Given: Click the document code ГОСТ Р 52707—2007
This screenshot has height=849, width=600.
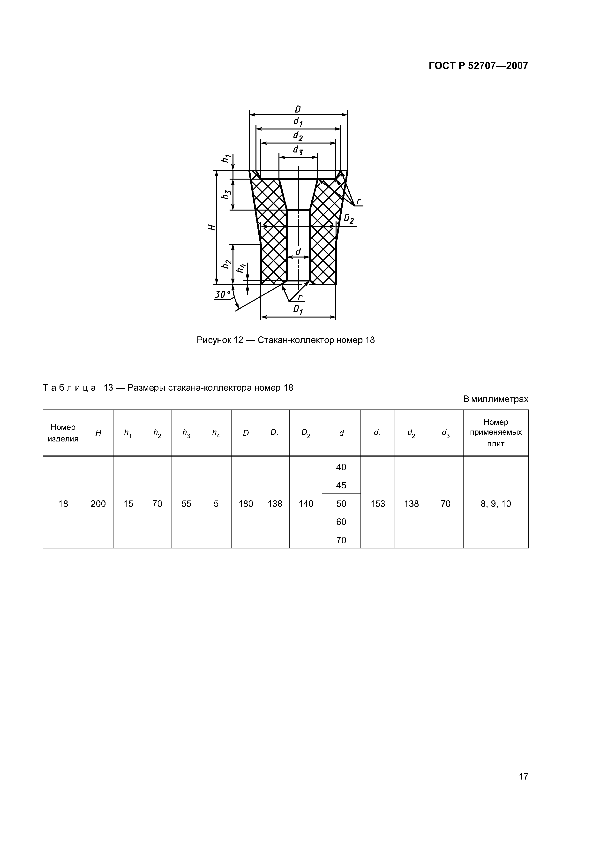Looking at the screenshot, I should pyautogui.click(x=478, y=66).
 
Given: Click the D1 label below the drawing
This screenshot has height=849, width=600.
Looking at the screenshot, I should pyautogui.click(x=298, y=310).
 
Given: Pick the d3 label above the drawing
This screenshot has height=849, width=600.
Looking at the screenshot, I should pyautogui.click(x=298, y=150).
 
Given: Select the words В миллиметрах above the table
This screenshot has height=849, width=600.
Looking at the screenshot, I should pyautogui.click(x=495, y=399).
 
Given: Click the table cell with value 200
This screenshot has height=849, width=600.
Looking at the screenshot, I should pyautogui.click(x=98, y=504).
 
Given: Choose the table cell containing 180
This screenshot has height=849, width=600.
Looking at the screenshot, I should pyautogui.click(x=246, y=504).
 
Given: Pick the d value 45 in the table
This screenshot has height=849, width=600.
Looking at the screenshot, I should pyautogui.click(x=341, y=485).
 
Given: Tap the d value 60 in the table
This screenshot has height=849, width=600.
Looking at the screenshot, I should pyautogui.click(x=341, y=522).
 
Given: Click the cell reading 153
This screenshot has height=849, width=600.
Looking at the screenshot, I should pyautogui.click(x=377, y=504).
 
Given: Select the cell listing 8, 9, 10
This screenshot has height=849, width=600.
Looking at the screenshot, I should pyautogui.click(x=495, y=504).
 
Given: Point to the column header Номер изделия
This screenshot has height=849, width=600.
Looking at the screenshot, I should pyautogui.click(x=63, y=433).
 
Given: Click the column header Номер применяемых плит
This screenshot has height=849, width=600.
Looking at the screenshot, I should pyautogui.click(x=495, y=433).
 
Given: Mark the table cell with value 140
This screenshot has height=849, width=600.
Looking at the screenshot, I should pyautogui.click(x=306, y=504).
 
